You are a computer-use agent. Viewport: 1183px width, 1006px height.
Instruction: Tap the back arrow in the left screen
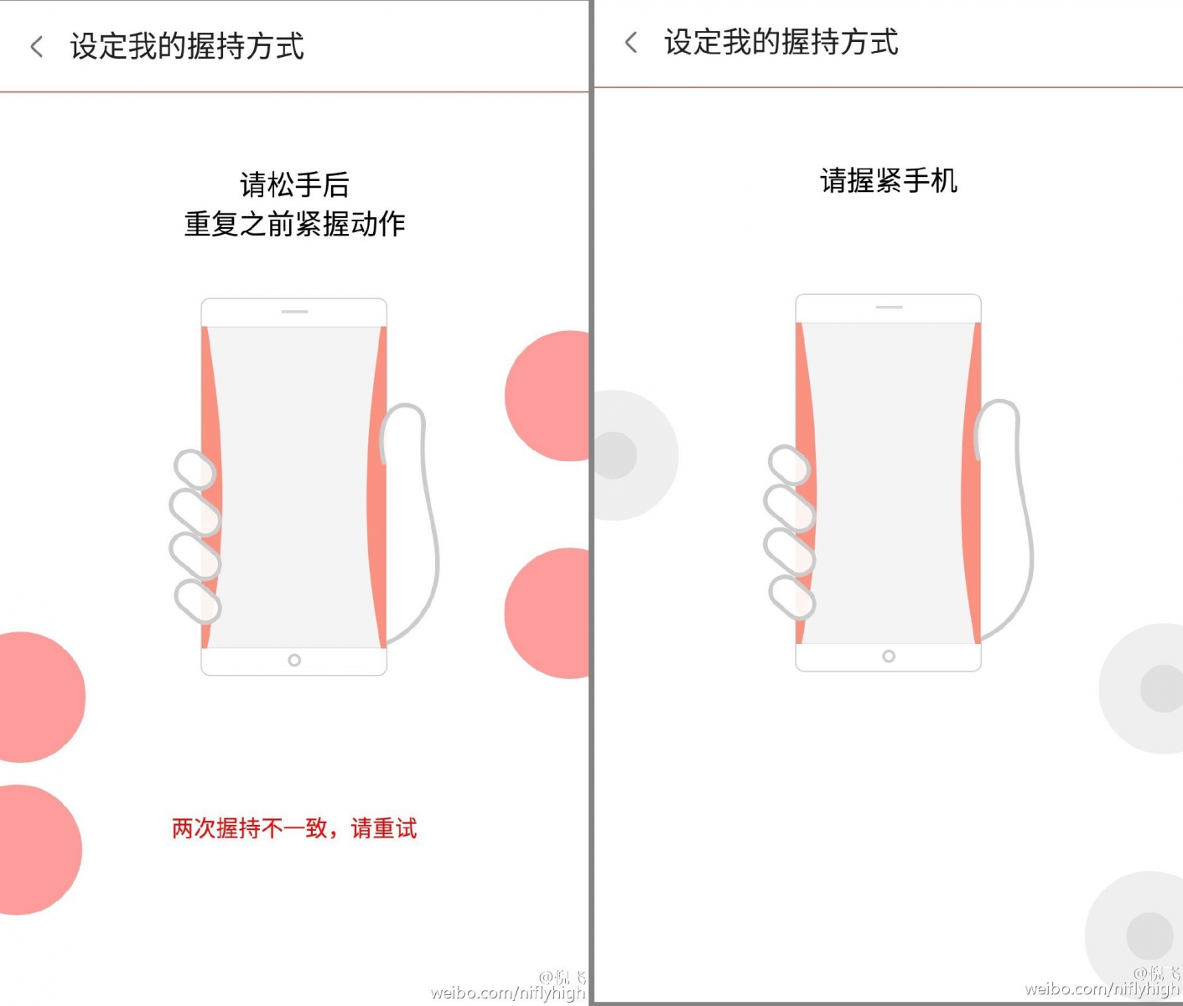[37, 47]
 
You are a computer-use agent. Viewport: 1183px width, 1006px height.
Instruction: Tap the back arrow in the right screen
[630, 43]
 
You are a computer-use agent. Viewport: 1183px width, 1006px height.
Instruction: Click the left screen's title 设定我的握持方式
[187, 46]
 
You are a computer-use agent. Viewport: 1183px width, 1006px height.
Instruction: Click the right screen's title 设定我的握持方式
[781, 42]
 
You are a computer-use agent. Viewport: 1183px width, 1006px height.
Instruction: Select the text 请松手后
[295, 184]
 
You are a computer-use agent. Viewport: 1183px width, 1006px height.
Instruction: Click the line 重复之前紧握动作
[295, 224]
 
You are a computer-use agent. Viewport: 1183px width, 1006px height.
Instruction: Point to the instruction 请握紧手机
[889, 180]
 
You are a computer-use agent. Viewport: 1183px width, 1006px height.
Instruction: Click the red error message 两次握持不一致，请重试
[295, 828]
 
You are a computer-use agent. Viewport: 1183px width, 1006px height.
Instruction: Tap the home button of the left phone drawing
[294, 661]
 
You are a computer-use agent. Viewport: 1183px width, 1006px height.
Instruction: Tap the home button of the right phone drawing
[888, 656]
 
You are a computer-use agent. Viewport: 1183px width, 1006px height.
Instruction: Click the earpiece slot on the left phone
[295, 312]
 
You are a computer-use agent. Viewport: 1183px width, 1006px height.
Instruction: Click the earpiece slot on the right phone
[889, 308]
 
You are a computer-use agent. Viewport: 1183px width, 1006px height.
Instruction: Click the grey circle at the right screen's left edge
[636, 455]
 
